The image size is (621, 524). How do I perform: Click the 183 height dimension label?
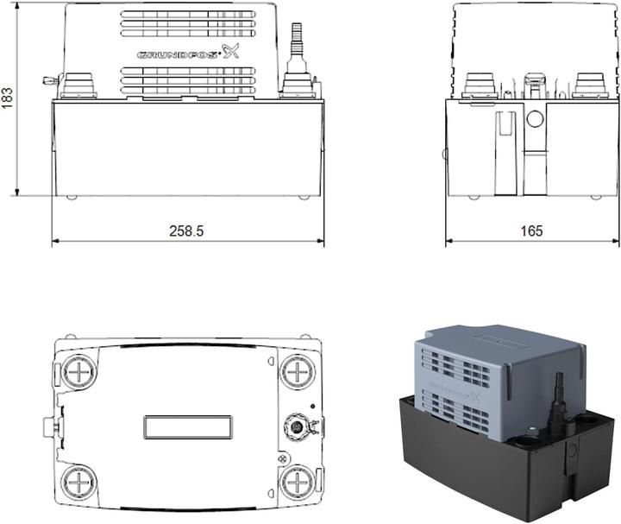[9, 98]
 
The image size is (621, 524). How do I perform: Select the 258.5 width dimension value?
[187, 231]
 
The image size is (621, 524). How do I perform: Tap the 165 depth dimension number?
[531, 231]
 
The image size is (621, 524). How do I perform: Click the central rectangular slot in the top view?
[187, 426]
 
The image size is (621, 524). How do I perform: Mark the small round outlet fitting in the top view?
[296, 426]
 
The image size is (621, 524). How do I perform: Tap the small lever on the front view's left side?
[47, 81]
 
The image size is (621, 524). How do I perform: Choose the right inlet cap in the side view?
[589, 85]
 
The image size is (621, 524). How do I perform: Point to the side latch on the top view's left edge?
[48, 426]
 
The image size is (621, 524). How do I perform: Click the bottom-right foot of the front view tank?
[303, 198]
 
